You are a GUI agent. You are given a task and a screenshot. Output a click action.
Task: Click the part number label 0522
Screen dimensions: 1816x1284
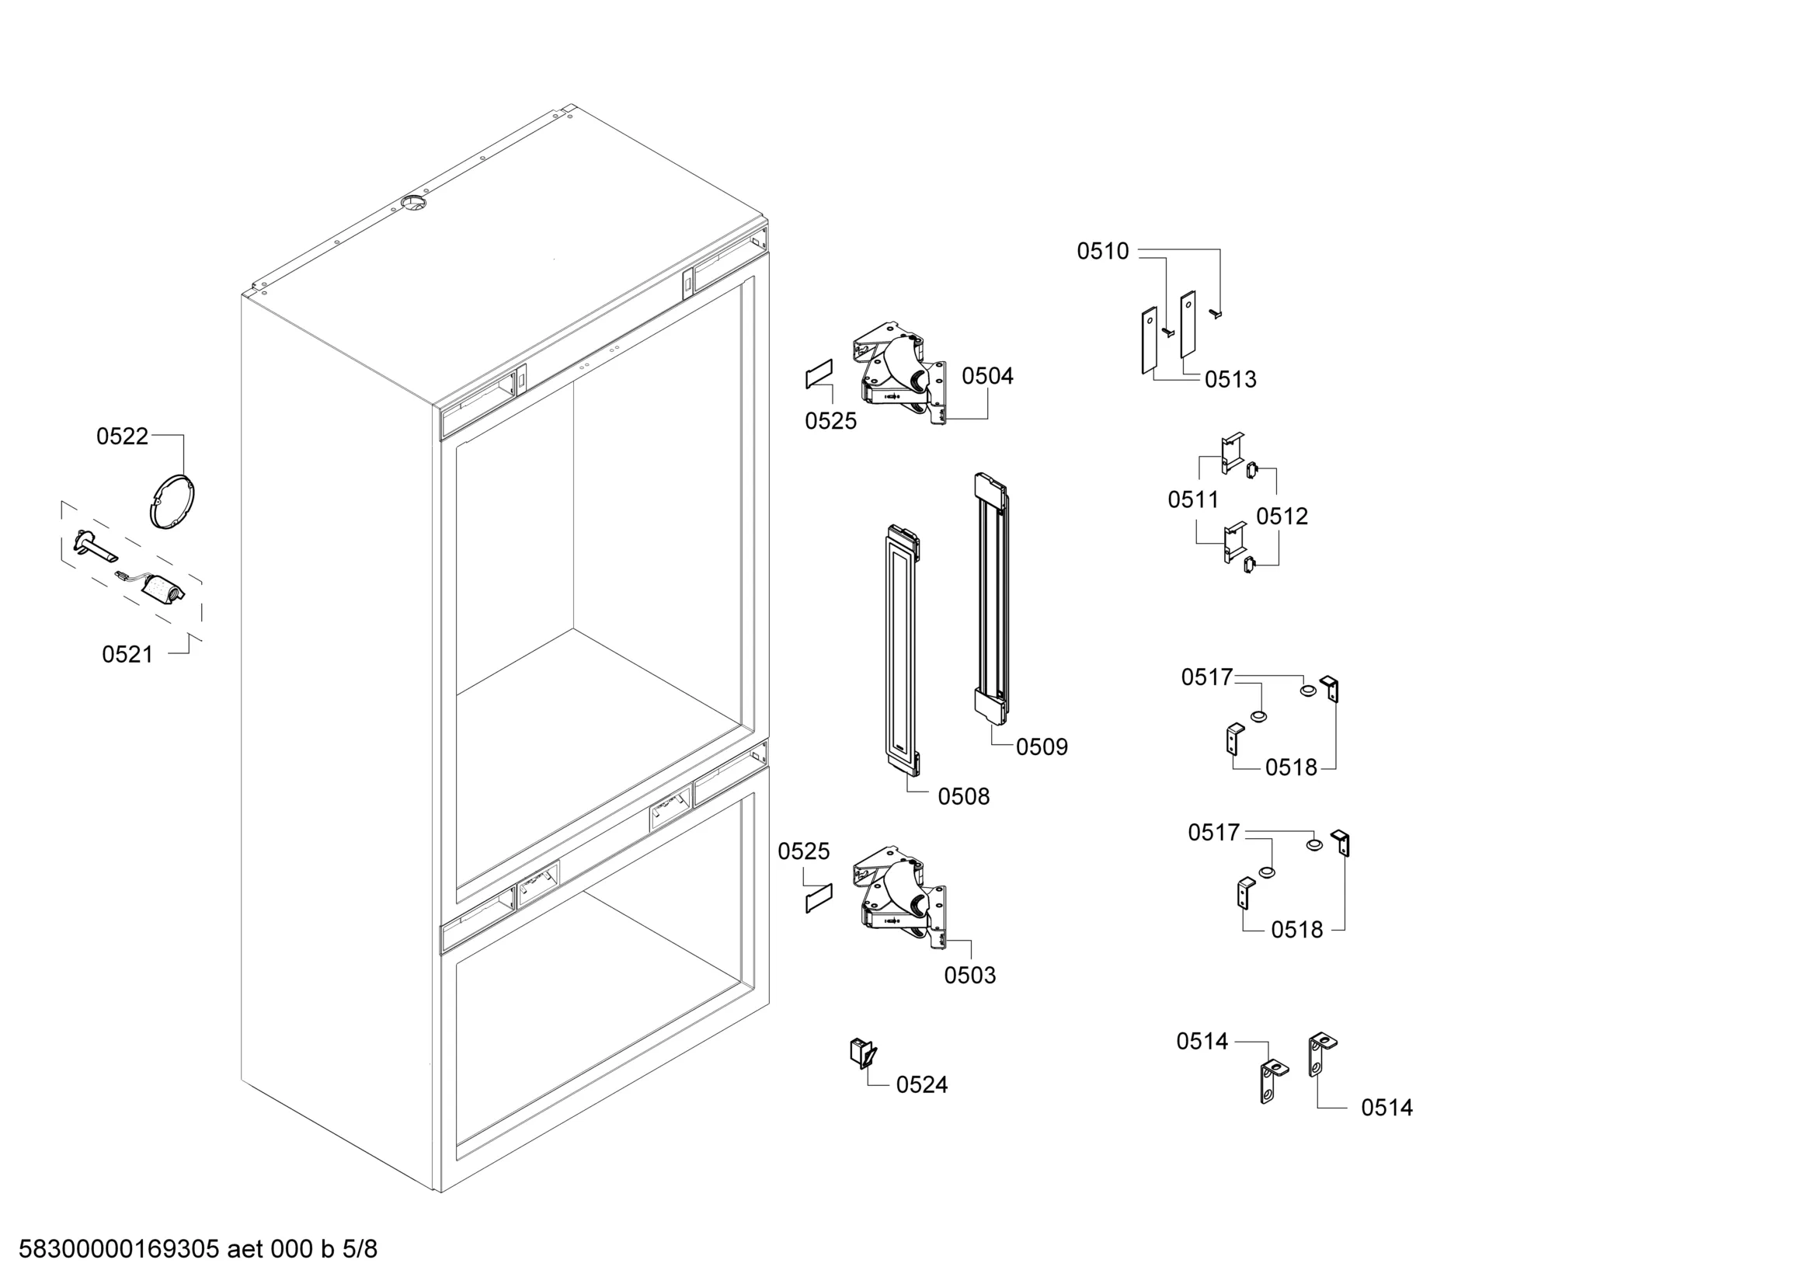(x=122, y=436)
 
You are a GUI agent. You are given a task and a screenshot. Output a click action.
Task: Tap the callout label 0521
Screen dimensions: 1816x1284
(x=127, y=654)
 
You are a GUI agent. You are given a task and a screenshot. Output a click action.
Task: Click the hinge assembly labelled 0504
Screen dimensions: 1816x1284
(x=899, y=374)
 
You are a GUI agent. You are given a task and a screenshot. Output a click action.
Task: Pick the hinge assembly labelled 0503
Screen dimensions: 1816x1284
(x=899, y=899)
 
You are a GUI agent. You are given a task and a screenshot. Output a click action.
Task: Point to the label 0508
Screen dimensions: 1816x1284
(x=963, y=796)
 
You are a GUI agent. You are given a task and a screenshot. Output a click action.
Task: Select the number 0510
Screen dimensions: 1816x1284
(x=1103, y=251)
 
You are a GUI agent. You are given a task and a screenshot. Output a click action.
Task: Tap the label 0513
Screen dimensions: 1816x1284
(x=1230, y=379)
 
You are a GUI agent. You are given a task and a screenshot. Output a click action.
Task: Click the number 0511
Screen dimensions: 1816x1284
(x=1194, y=499)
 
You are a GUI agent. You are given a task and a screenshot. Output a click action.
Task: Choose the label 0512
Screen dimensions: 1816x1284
(x=1282, y=516)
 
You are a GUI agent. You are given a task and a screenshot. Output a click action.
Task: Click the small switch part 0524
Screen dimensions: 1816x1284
(x=863, y=1053)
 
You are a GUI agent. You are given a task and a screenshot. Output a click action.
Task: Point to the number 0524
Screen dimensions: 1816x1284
(x=921, y=1084)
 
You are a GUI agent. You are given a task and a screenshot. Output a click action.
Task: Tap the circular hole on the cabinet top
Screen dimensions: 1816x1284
(x=413, y=204)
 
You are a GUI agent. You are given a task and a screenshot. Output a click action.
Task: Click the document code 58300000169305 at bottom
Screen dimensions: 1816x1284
(x=119, y=1248)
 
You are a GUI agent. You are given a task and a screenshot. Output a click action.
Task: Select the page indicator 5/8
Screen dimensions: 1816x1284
(x=360, y=1248)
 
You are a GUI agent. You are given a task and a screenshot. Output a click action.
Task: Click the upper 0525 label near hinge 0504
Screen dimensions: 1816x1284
(x=830, y=421)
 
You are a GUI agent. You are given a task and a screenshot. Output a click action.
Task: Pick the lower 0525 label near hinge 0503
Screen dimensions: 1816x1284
(x=804, y=851)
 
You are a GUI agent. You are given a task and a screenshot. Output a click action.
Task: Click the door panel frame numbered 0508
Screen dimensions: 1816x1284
(x=903, y=650)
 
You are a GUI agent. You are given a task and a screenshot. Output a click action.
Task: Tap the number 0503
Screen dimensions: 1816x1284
(x=969, y=975)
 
